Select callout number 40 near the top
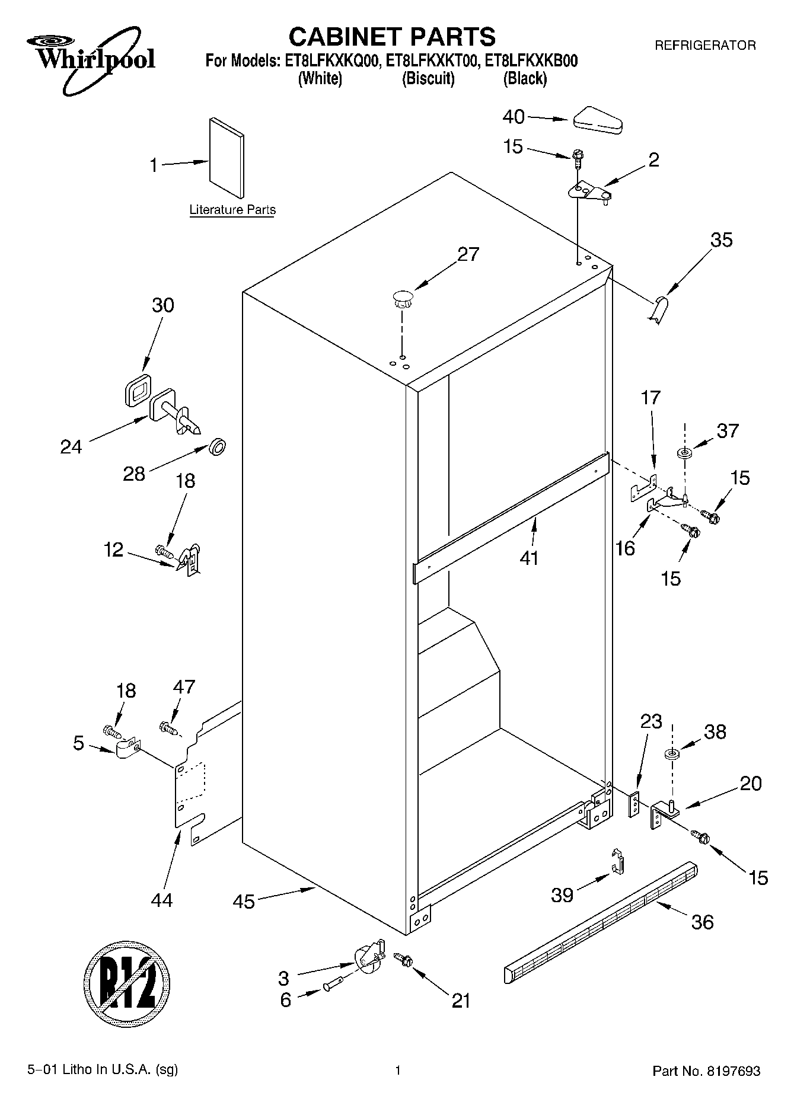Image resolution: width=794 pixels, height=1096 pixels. [514, 117]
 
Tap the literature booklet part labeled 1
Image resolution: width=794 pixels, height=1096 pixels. [226, 158]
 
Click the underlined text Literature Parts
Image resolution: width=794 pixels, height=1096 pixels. [232, 210]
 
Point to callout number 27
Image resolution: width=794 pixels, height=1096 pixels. [468, 254]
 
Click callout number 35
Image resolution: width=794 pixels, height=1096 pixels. [721, 239]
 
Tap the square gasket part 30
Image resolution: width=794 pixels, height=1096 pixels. [138, 390]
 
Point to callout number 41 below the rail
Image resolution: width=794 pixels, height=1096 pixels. [528, 557]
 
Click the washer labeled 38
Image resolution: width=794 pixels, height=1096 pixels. [672, 755]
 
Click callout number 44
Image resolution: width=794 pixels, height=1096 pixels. [161, 900]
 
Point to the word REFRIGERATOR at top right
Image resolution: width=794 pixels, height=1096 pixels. [704, 45]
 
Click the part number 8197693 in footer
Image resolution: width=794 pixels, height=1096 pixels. [733, 1071]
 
